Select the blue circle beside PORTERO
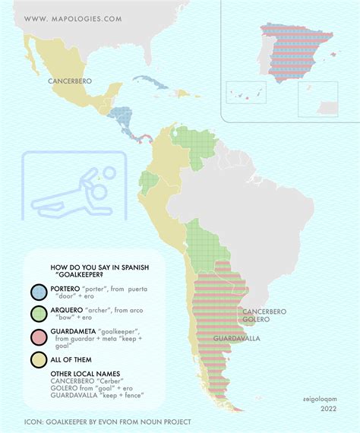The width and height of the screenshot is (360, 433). tap(38, 292)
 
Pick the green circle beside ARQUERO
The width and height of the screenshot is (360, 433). tap(38, 314)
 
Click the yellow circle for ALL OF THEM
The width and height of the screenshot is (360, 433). tap(38, 359)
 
